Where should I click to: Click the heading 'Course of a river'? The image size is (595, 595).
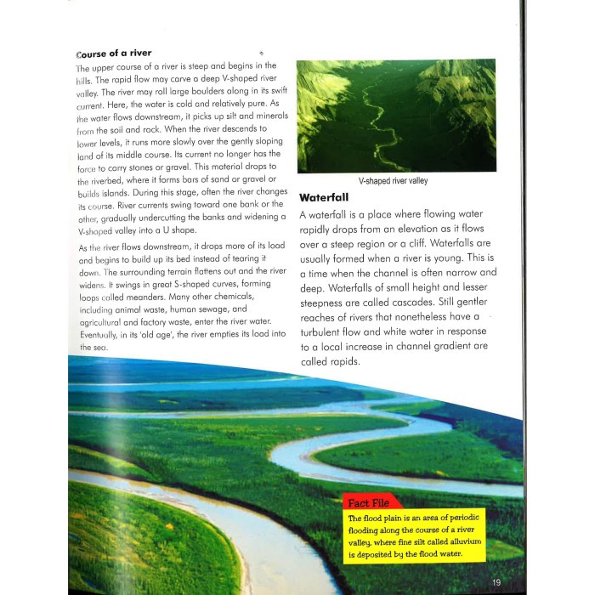(113, 53)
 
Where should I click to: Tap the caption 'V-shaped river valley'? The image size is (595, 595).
(392, 181)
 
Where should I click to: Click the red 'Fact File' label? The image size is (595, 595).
(369, 503)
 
